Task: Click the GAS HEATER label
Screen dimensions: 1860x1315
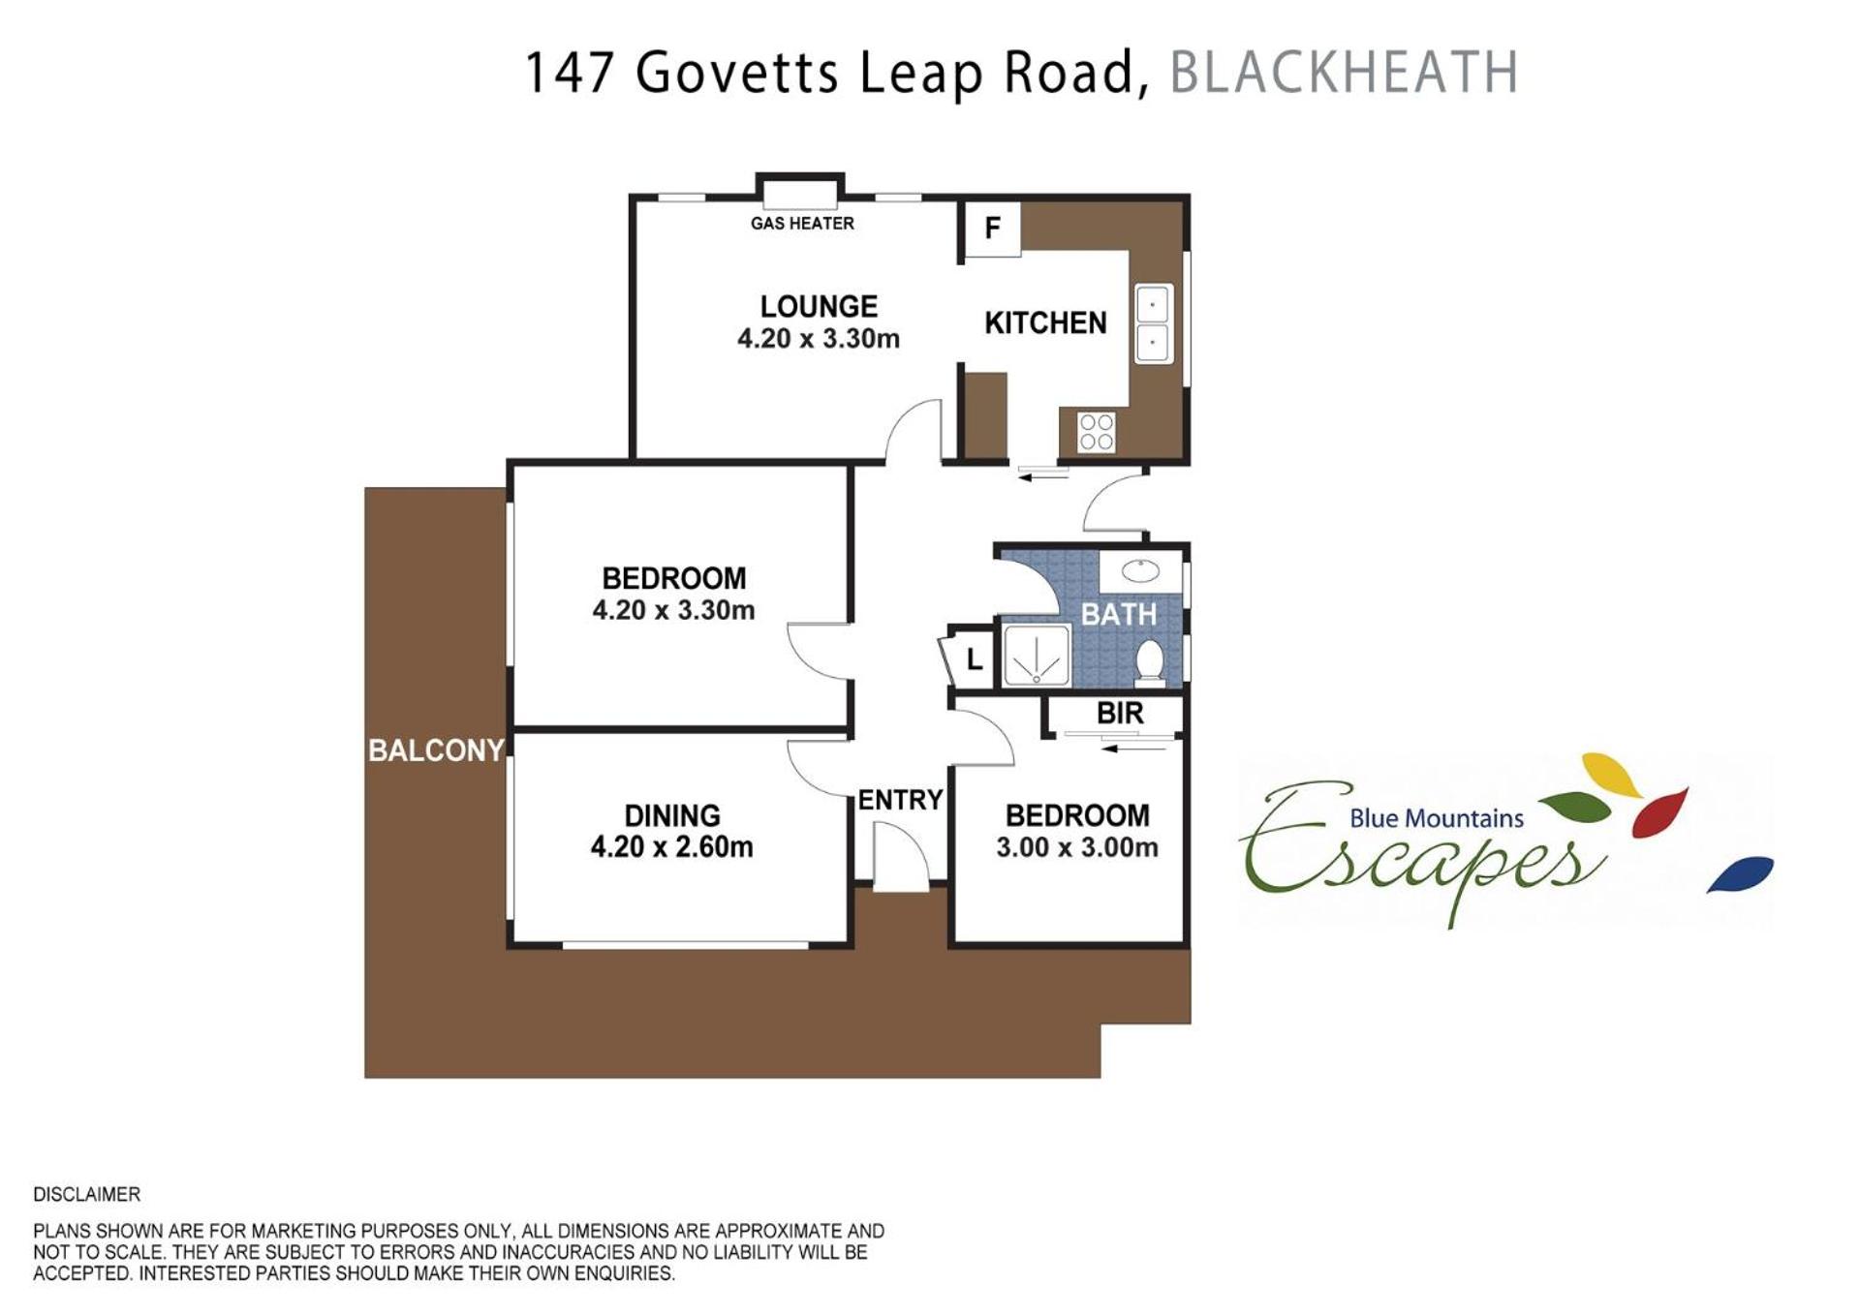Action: point(802,224)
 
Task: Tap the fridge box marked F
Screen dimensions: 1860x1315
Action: point(991,229)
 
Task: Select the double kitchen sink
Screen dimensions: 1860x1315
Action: point(1153,323)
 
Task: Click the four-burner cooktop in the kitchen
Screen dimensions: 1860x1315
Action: point(1097,432)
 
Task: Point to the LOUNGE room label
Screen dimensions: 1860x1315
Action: point(819,307)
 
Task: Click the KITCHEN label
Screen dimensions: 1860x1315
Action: point(1045,323)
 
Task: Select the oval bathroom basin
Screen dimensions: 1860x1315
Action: point(1140,570)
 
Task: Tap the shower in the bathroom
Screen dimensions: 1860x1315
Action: point(1037,655)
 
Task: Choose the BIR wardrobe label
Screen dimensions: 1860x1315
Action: point(1120,714)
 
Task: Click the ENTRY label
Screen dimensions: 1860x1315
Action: point(900,800)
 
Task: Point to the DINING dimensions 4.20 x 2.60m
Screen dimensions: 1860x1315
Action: point(671,847)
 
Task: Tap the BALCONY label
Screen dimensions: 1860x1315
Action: point(436,750)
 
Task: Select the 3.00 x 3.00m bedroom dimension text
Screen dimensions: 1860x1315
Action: point(1077,847)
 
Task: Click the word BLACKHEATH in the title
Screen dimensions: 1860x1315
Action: point(1344,73)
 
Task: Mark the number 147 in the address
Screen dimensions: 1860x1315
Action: point(570,73)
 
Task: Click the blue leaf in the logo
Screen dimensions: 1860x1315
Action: point(1740,873)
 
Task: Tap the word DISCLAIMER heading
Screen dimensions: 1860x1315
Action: point(87,1195)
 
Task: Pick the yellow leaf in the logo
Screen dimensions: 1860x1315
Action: point(1612,775)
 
